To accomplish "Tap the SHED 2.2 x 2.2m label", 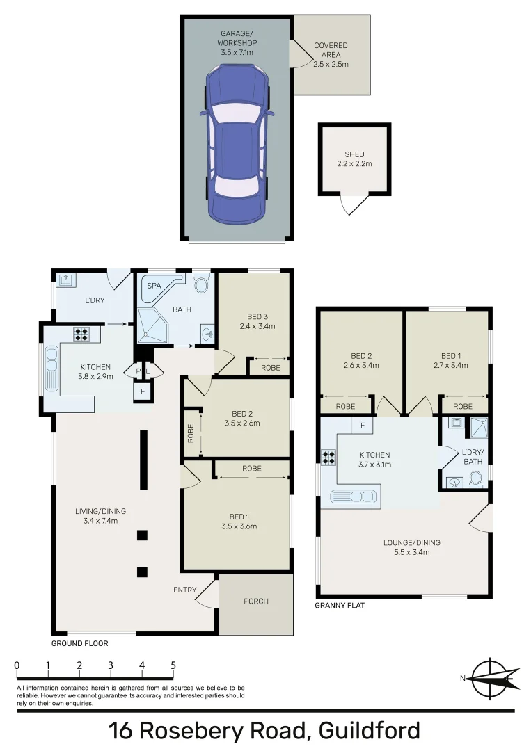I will pyautogui.click(x=354, y=159).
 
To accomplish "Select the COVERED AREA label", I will pyautogui.click(x=331, y=54).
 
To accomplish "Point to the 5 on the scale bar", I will pyautogui.click(x=173, y=665).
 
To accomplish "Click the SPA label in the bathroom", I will pyautogui.click(x=154, y=285).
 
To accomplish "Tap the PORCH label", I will pyautogui.click(x=255, y=601).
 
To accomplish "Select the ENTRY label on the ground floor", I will pyautogui.click(x=184, y=590).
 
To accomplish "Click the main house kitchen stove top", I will pyautogui.click(x=81, y=333).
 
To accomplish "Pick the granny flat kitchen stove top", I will pyautogui.click(x=328, y=458).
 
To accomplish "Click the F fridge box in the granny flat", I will pyautogui.click(x=363, y=426).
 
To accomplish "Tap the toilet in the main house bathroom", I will pyautogui.click(x=202, y=284).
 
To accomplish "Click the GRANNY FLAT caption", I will pyautogui.click(x=340, y=606).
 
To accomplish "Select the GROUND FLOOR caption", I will pyautogui.click(x=79, y=643).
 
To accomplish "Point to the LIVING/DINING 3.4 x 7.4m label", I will pyautogui.click(x=101, y=515).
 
